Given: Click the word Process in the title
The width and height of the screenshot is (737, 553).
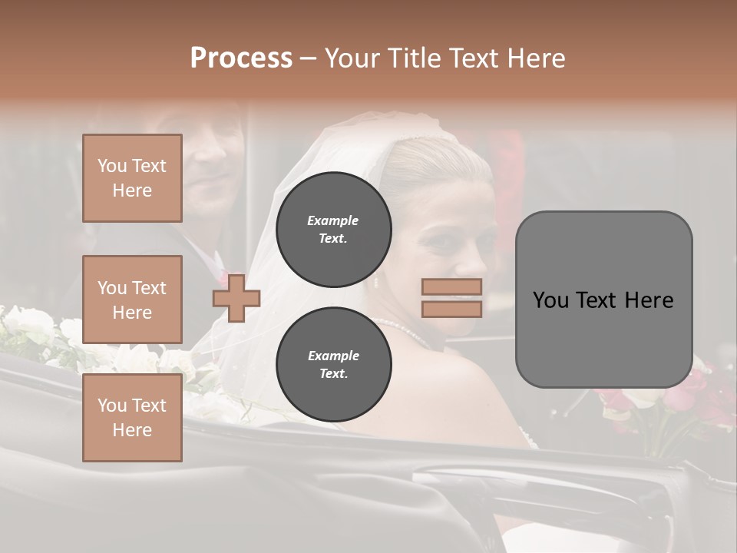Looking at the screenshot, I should pos(241,58).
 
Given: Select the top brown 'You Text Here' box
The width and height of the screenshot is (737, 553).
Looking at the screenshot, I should pos(132,178).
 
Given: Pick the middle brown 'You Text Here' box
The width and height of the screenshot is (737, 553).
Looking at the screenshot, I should pos(132,300).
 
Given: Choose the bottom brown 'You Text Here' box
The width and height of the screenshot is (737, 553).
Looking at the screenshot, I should pos(132,417).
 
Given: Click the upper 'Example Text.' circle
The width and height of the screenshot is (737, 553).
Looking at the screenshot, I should pos(333,229).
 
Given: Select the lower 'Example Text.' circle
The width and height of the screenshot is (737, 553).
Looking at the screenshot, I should pos(333,364).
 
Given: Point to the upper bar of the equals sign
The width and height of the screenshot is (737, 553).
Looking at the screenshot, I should pos(451,287).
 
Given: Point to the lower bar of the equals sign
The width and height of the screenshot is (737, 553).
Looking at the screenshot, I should pos(451,310).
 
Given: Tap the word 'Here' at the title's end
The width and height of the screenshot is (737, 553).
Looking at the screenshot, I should pos(534,58).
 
